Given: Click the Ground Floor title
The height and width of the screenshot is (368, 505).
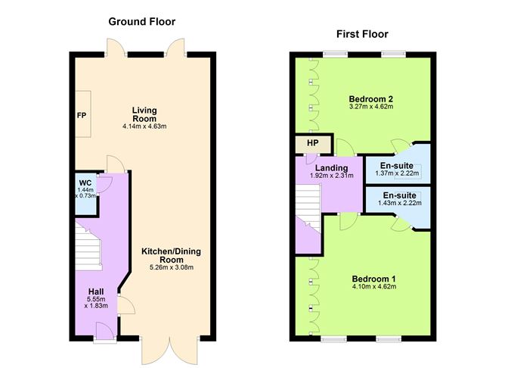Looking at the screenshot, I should tap(143, 20).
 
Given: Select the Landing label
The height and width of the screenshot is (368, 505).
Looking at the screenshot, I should tap(332, 167).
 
